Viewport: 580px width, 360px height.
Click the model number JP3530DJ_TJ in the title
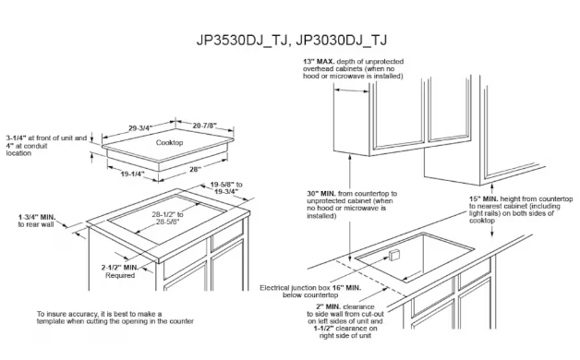pyautogui.click(x=241, y=40)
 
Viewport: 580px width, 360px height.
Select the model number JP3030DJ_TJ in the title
pyautogui.click(x=341, y=40)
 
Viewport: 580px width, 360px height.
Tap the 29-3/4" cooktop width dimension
pyautogui.click(x=140, y=128)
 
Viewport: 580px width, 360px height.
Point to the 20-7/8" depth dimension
pyautogui.click(x=204, y=126)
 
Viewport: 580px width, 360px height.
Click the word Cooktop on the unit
pyautogui.click(x=169, y=142)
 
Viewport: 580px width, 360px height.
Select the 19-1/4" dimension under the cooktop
pyautogui.click(x=132, y=174)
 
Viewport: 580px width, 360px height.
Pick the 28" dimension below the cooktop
pyautogui.click(x=195, y=169)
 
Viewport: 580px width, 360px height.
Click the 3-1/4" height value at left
pyautogui.click(x=16, y=138)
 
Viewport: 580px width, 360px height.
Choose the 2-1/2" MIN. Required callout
pyautogui.click(x=120, y=271)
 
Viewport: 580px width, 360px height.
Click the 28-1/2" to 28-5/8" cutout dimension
pyautogui.click(x=167, y=218)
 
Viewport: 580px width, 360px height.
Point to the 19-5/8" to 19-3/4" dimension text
pyautogui.click(x=226, y=187)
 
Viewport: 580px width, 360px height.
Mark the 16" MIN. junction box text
pyautogui.click(x=346, y=288)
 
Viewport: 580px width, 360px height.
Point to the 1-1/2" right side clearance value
pyautogui.click(x=323, y=329)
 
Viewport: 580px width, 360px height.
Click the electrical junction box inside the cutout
pyautogui.click(x=393, y=254)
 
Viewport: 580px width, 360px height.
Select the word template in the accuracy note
pyautogui.click(x=51, y=321)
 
